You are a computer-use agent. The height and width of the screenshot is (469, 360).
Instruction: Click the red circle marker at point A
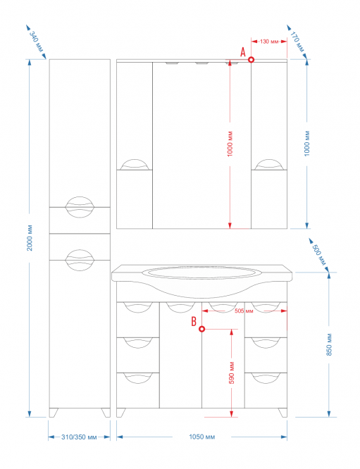point(252,60)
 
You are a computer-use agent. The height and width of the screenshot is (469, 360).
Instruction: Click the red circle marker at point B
point(202,329)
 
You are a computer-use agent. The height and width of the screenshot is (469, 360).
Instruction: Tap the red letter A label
point(243,53)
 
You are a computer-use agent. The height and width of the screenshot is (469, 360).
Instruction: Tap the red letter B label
point(194,322)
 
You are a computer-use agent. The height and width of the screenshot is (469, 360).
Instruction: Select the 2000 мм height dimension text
point(30,238)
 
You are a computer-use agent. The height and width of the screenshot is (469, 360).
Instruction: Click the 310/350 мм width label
point(79,437)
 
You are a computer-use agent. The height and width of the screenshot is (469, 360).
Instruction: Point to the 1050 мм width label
point(202,437)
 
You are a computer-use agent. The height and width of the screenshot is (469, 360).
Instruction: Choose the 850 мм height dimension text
point(329,344)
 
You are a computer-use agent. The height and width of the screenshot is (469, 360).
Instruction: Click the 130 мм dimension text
point(269,42)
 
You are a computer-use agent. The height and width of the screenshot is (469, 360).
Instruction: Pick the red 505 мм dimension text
point(244,311)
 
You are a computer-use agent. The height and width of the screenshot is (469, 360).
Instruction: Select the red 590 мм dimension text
point(232,373)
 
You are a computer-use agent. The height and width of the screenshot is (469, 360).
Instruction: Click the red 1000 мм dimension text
point(230,144)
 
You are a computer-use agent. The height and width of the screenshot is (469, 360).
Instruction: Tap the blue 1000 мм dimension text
point(307,144)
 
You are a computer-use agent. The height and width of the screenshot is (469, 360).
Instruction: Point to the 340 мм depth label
point(36,42)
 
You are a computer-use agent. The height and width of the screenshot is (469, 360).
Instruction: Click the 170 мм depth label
point(297,42)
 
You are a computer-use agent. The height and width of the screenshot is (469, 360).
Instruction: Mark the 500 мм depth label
point(319,255)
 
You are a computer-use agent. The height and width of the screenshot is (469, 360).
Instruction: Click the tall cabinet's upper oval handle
point(80,207)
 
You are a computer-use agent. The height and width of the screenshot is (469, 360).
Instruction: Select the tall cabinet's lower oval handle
point(80,261)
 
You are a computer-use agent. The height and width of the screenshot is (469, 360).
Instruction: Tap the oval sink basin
point(202,273)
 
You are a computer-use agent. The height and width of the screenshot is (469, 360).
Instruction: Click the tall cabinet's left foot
point(54,413)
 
